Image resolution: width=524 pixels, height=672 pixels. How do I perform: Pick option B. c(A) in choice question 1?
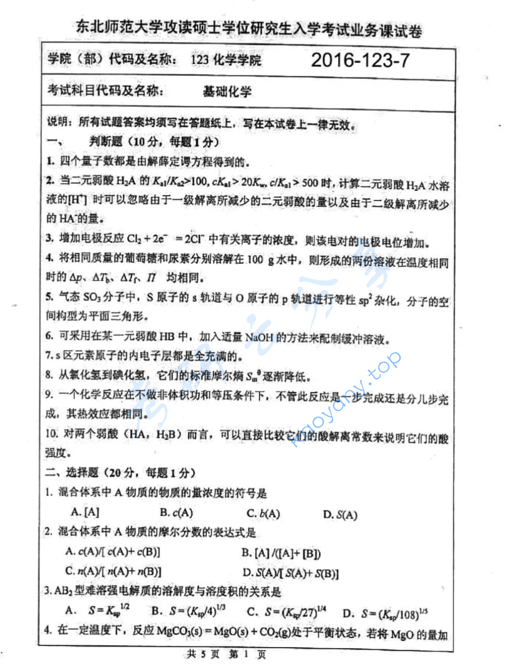pyautogui.click(x=176, y=512)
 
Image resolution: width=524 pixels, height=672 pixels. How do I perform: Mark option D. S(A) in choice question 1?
pyautogui.click(x=340, y=514)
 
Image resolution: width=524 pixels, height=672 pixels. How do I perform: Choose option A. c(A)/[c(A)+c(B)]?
pyautogui.click(x=113, y=552)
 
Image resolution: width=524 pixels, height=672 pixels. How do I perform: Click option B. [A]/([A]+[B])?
pyautogui.click(x=281, y=553)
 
